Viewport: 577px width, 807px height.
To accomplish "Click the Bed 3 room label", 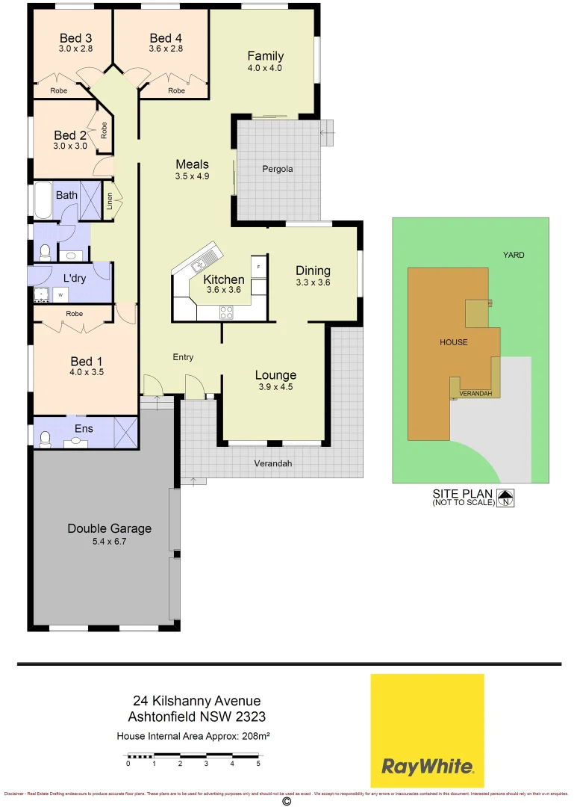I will [75, 38].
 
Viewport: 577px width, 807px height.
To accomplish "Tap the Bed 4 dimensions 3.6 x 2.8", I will [166, 49].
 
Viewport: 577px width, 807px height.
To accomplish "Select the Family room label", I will [266, 56].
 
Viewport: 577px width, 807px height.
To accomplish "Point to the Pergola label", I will [278, 169].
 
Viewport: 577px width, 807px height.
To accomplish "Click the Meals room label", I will [192, 164].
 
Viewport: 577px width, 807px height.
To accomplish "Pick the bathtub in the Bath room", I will [43, 200].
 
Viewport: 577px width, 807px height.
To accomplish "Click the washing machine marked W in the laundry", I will [60, 294].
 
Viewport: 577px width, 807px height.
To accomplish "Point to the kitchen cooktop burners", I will [226, 312].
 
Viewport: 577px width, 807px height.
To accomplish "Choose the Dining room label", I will [313, 270].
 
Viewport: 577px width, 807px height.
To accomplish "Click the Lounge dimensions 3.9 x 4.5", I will [275, 387].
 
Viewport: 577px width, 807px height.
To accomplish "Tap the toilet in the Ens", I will [46, 439].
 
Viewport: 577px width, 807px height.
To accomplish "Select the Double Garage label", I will [109, 528].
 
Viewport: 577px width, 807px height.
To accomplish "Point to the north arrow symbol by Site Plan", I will [506, 498].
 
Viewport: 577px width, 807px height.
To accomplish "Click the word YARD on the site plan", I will [514, 255].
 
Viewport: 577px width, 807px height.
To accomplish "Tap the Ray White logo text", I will [427, 766].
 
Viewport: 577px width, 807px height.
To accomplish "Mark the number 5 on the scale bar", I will [258, 764].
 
